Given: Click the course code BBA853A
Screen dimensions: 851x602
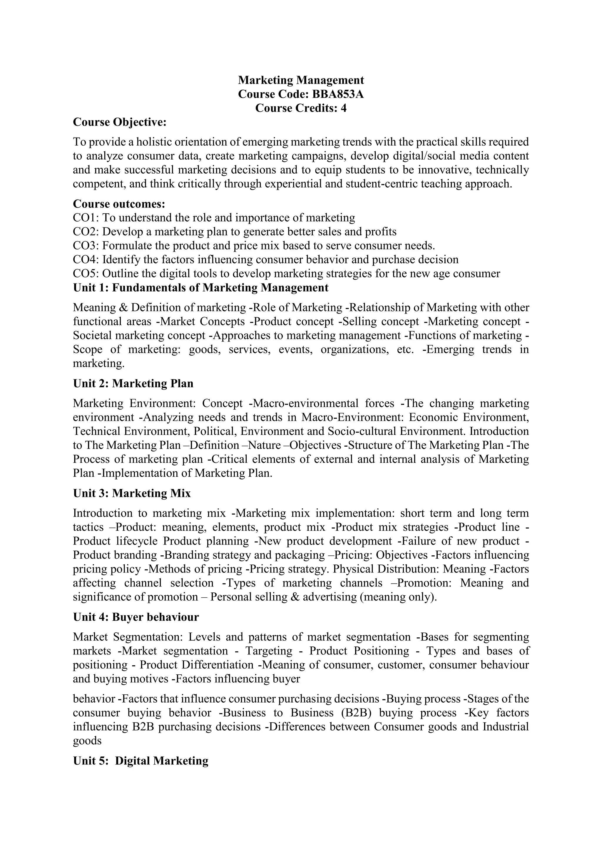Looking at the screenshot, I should pos(338,94).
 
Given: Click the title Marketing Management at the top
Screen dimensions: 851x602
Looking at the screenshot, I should pos(301,80).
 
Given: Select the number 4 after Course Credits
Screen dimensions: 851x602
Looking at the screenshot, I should pos(343,108).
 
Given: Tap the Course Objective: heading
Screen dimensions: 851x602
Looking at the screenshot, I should pos(120,122).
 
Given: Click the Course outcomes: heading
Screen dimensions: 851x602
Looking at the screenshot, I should pos(119,204).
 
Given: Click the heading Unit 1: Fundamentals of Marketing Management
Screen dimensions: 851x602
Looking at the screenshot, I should pos(200,288).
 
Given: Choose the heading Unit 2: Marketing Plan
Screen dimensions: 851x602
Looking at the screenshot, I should pos(133,383).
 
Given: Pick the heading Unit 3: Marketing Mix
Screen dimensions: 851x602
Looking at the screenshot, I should pos(132,493).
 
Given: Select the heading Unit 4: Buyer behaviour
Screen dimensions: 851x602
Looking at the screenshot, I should pos(136,617).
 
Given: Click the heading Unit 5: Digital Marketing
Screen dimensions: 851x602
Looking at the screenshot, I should pos(141,761).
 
